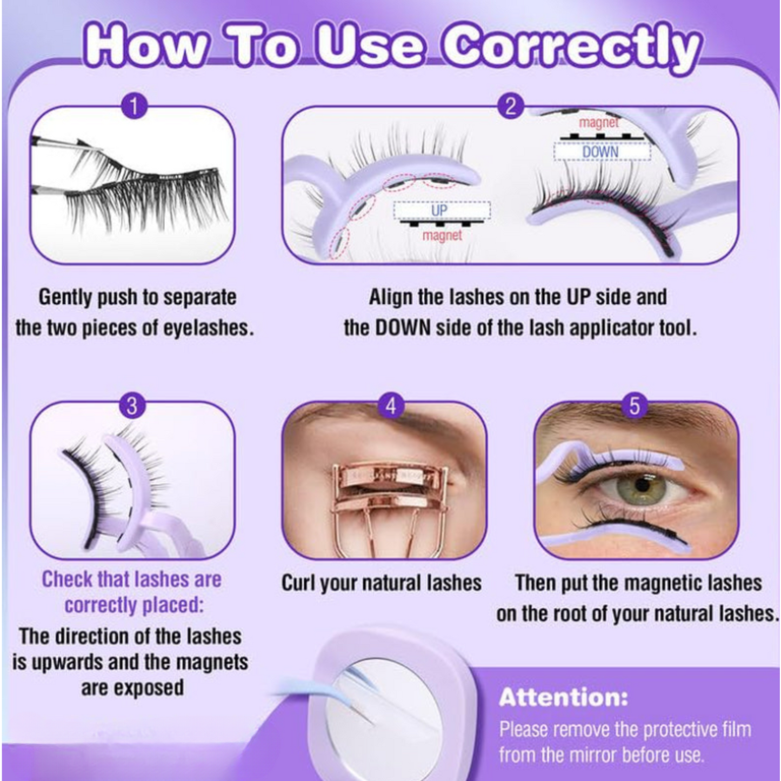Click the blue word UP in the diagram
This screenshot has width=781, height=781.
(440, 211)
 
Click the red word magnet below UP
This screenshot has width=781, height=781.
(442, 236)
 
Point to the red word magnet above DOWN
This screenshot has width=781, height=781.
(599, 122)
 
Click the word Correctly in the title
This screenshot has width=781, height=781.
(572, 51)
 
